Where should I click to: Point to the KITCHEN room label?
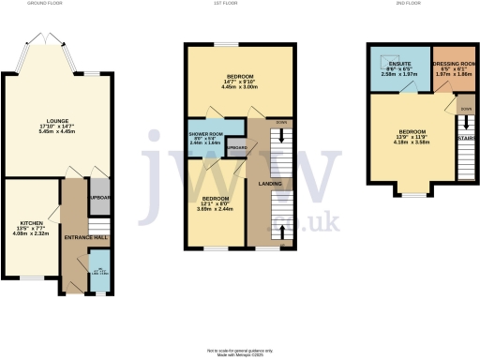point(31,220)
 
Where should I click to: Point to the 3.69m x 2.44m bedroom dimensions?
point(217,209)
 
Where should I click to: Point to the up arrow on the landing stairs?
point(281,231)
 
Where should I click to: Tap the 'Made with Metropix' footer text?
point(239,352)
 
